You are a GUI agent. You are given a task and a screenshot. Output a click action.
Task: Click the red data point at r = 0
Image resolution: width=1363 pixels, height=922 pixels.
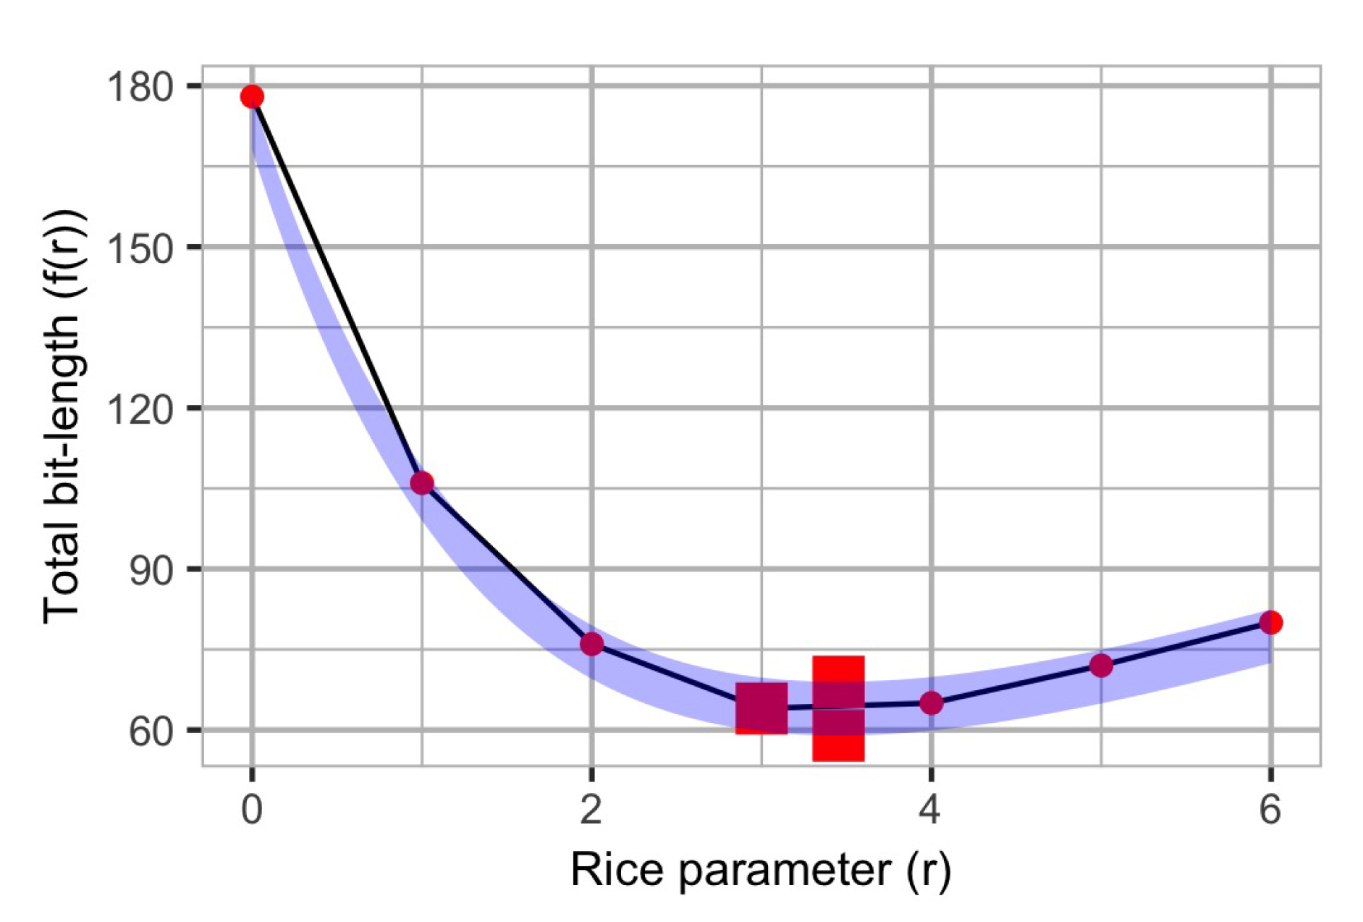coord(252,96)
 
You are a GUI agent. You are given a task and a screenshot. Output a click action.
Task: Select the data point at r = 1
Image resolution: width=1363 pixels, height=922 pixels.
coord(422,483)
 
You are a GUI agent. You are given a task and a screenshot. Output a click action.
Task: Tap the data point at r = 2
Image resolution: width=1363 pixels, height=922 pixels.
coord(592,643)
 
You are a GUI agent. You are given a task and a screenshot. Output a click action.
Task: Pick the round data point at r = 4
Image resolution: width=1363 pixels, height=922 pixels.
coord(931,703)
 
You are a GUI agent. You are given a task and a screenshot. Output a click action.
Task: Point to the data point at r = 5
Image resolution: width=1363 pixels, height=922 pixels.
coord(1101,665)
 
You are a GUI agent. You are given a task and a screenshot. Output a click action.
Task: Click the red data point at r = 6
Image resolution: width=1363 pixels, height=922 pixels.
coord(1270,622)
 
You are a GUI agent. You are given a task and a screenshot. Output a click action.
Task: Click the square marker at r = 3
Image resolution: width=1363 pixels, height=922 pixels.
coord(761,708)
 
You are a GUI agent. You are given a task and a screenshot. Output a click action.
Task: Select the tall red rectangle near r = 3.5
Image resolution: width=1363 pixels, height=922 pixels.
coord(838,708)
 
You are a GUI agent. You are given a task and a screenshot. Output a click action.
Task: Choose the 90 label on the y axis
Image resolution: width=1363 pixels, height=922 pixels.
coord(152,571)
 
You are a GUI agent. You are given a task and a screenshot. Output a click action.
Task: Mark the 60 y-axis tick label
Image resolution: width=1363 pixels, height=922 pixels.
coord(152,732)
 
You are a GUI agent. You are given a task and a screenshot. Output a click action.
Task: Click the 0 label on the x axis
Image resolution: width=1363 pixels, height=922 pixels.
coord(252,809)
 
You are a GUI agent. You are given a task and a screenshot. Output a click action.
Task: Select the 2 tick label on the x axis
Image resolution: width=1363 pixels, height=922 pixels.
coord(591,809)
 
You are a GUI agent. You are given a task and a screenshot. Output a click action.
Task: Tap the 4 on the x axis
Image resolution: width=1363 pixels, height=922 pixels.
coord(931,809)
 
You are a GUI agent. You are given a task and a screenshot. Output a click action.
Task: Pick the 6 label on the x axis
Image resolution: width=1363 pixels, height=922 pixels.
coord(1270,809)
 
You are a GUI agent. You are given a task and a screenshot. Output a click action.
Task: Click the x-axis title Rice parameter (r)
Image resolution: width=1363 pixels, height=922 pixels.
coord(760,870)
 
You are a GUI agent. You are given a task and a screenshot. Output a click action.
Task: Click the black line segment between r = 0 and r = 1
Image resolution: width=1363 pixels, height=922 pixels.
coord(337,290)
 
